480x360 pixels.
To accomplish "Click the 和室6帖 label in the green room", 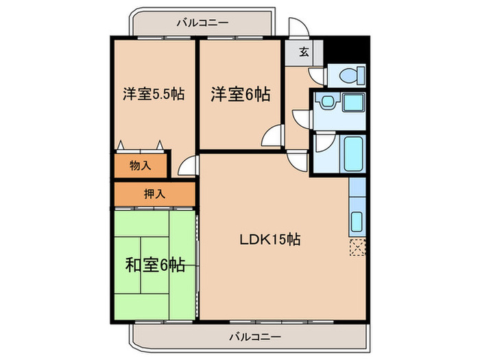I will pos(154,265).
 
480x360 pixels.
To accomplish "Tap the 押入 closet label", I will pos(154,194).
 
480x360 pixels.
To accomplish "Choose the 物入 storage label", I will pos(141,165).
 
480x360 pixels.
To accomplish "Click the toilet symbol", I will pos(346,75).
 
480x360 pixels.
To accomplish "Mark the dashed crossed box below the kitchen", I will pos(357,246).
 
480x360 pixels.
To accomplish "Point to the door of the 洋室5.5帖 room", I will pos(187,166).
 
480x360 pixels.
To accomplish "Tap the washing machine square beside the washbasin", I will pos(352,104).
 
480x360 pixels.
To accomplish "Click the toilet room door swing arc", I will pos(316,75).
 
